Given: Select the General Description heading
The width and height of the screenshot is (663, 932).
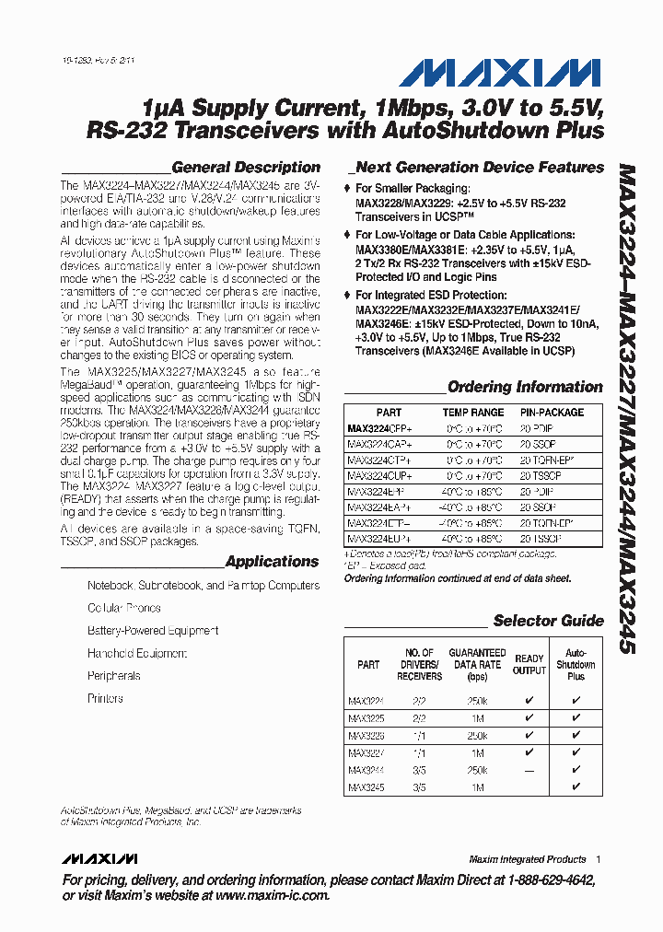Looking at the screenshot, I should tap(246, 168).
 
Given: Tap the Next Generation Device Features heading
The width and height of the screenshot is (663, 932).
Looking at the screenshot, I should tap(479, 168).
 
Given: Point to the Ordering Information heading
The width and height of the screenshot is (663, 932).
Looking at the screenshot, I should tap(525, 387).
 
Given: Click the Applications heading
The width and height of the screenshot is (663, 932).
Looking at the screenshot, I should tap(272, 562).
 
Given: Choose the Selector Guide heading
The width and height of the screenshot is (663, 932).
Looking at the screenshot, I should tap(548, 621).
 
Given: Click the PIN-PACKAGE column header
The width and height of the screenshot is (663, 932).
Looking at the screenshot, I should tap(552, 413).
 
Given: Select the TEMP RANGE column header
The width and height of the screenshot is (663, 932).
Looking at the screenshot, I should tap(473, 413).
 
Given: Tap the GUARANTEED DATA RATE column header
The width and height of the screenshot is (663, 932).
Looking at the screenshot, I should tap(477, 664).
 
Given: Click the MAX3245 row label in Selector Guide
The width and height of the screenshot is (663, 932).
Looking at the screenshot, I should tap(366, 787).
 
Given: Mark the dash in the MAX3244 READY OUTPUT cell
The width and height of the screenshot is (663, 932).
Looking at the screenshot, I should tap(529, 770).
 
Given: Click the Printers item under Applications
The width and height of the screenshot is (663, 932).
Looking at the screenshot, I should tap(105, 699).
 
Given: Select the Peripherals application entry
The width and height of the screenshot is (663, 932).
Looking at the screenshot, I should tap(114, 676).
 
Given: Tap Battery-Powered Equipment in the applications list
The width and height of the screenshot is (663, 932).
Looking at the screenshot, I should tap(153, 631).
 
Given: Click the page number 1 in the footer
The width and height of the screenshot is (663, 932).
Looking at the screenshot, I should tap(598, 859).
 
